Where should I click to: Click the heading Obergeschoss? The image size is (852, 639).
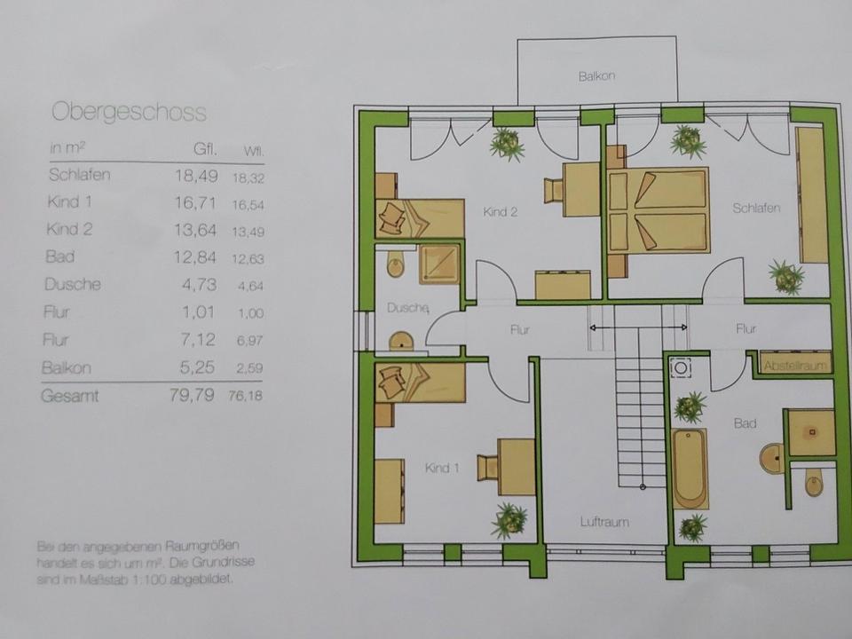point(129,112)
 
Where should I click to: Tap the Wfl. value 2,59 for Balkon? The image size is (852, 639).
point(248,368)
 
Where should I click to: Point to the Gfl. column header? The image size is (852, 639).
point(205,148)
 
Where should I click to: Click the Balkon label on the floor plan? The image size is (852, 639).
point(596,76)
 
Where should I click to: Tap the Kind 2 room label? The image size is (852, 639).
point(500,212)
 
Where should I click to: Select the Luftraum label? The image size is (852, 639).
point(605,522)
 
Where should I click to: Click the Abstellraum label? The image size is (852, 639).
point(795,364)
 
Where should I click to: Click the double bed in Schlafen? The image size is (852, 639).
point(657,211)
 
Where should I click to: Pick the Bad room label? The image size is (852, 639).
point(745,424)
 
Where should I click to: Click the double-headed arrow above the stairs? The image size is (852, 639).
point(640,328)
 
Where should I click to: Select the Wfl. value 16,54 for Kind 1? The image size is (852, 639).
point(248,203)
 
